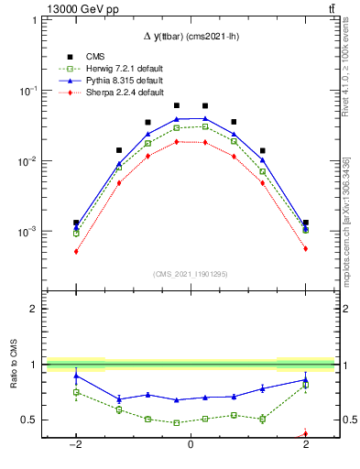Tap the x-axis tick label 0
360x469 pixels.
click(190, 445)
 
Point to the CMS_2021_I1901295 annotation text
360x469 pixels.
click(190, 274)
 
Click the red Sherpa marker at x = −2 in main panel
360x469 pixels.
click(76, 251)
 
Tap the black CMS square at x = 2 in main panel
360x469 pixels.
click(305, 223)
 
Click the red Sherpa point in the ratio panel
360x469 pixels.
click(305, 433)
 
